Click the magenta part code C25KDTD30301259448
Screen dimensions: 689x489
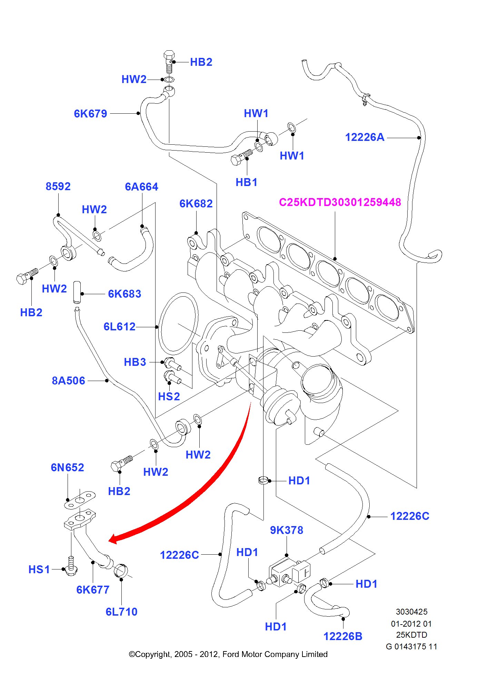(340, 202)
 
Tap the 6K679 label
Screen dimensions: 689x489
(90, 114)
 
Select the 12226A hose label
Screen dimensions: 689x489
(365, 137)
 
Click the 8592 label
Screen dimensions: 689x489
(58, 186)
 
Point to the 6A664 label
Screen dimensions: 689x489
(141, 187)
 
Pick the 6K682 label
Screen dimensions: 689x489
(196, 204)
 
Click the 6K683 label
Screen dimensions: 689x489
(124, 294)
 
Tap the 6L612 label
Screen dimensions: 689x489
(119, 327)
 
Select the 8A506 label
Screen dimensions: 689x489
(68, 381)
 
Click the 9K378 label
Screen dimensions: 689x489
(286, 530)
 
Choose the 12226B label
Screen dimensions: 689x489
(343, 636)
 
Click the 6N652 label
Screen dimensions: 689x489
(67, 467)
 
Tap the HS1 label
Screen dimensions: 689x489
(39, 569)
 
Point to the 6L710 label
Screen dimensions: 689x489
(121, 612)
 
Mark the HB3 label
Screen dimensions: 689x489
(135, 362)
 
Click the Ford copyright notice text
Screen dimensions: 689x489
(228, 654)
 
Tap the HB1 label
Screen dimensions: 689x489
(246, 182)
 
